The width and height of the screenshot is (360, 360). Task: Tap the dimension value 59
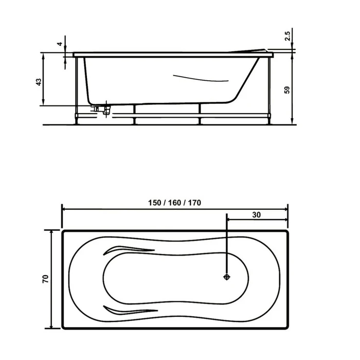(287, 89)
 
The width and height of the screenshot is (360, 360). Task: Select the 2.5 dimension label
(287, 35)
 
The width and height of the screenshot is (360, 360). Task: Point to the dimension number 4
(60, 44)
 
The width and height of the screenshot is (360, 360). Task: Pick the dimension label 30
(256, 215)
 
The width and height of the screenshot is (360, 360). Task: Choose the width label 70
(45, 279)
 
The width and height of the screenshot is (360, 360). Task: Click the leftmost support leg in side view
(78, 90)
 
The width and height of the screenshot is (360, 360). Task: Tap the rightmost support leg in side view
(269, 90)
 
